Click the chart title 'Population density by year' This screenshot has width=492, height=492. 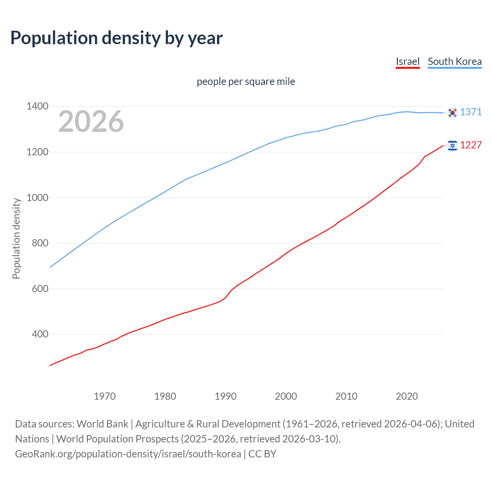click(x=116, y=38)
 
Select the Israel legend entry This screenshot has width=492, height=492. click(x=407, y=61)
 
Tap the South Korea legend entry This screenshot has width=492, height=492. click(x=454, y=61)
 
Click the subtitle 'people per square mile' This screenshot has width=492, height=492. click(x=246, y=81)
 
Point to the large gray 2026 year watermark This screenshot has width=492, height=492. click(x=91, y=121)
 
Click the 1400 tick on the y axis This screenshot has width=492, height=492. click(x=37, y=106)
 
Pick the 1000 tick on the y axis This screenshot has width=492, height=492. click(x=37, y=198)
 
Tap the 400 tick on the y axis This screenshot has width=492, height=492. click(x=40, y=334)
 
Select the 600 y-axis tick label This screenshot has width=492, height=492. click(x=40, y=289)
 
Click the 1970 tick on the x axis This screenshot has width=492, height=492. click(x=105, y=396)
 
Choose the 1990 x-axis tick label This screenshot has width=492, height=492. click(x=226, y=396)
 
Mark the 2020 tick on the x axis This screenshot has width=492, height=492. click(x=407, y=396)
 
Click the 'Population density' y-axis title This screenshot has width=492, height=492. click(x=16, y=238)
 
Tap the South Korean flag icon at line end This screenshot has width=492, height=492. click(x=452, y=113)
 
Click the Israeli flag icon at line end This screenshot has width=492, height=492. click(x=452, y=145)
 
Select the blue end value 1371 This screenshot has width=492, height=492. click(x=471, y=112)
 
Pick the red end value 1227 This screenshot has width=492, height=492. click(x=471, y=145)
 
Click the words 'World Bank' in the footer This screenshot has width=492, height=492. click(x=102, y=424)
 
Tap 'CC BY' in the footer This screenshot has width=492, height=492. click(x=263, y=454)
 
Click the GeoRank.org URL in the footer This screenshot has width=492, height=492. click(x=128, y=454)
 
